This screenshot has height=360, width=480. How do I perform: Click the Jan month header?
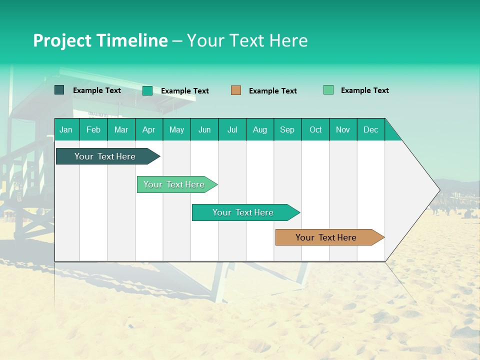coord(66,129)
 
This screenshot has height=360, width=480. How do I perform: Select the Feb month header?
coord(93,129)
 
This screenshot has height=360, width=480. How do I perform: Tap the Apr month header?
coord(148,129)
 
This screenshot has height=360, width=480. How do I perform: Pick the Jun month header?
coord(204,129)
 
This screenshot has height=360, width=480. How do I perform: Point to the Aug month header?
coord(259,129)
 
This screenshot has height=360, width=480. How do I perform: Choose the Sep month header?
coord(287,129)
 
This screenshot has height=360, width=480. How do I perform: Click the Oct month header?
coord(315,129)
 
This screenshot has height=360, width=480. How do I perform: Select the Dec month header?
coord(370,129)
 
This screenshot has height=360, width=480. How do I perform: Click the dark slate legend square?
coord(59,90)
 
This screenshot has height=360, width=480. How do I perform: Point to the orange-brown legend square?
coord(236,90)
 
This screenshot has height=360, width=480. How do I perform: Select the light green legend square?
coord(328,90)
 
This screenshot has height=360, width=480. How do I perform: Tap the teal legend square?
coord(147,90)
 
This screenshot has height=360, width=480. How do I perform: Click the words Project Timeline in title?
coord(100,40)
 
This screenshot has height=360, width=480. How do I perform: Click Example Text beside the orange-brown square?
coord(272,91)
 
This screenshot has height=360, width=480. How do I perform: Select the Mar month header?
coord(121,129)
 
